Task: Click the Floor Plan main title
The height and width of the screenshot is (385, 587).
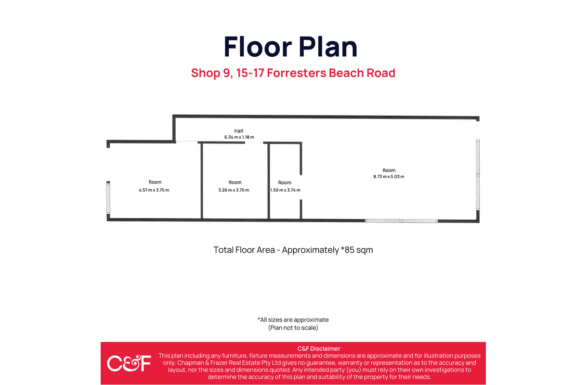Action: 290,47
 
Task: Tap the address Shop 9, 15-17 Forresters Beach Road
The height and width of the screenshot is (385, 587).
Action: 293,73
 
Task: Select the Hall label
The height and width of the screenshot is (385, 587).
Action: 239,131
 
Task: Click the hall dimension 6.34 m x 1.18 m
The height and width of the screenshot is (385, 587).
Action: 239,137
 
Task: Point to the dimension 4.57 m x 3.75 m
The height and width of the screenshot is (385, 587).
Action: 154,190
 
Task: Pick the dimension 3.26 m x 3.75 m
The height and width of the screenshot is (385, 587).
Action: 234,190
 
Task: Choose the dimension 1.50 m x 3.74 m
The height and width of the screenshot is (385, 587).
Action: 285,190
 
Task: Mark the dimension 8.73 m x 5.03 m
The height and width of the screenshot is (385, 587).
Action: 389,177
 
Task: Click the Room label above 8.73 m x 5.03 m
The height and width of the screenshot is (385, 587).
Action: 389,170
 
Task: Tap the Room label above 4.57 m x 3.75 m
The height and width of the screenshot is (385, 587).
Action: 155,182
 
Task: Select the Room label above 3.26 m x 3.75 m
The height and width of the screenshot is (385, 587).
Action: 235,182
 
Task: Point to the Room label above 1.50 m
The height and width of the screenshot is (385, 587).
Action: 285,182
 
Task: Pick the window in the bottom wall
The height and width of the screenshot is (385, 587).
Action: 401,221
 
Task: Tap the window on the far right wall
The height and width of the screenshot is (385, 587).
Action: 478,173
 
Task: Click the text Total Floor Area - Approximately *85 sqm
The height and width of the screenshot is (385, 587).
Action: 293,250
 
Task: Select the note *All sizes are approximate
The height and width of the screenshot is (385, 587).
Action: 293,320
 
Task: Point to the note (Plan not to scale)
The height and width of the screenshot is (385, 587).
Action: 293,328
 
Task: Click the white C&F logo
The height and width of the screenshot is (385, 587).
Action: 129,363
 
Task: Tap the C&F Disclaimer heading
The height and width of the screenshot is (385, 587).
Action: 319,348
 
